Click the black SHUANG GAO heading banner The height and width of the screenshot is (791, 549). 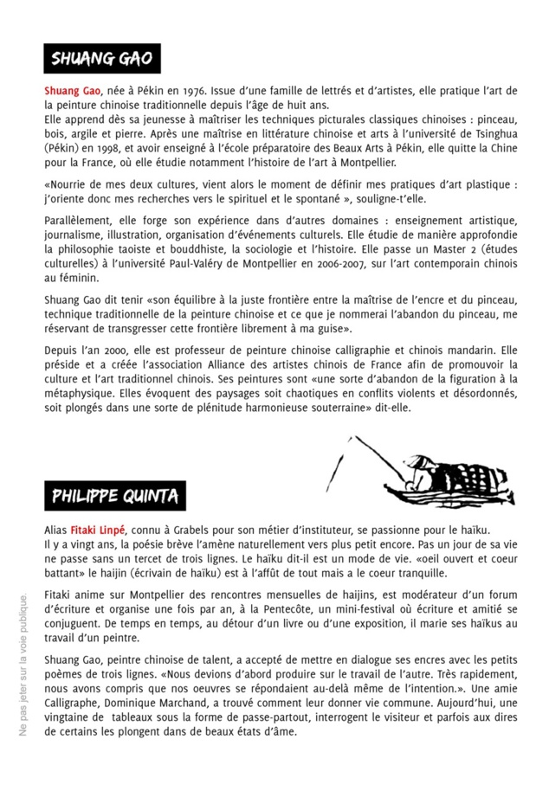[102, 59]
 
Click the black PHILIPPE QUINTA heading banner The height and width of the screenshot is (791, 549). [115, 496]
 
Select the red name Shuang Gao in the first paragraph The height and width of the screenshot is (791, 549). [72, 91]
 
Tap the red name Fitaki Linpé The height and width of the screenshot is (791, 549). [98, 529]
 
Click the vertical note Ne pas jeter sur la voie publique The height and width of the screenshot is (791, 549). [23, 664]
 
